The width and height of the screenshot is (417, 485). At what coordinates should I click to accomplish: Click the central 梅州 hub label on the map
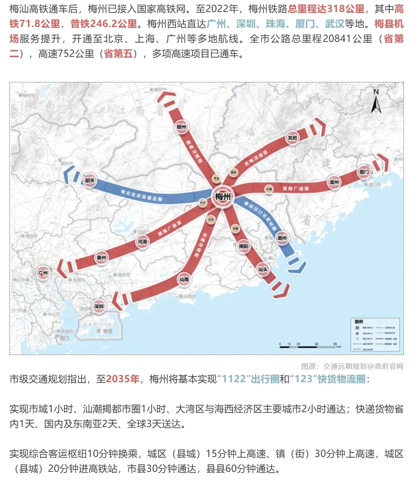pyautogui.click(x=223, y=197)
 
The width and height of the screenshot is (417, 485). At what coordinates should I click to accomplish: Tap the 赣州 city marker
pyautogui.click(x=181, y=127)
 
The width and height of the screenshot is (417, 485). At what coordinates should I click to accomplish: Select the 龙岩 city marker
pyautogui.click(x=292, y=138)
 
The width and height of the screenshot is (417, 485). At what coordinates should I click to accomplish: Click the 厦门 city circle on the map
pyautogui.click(x=364, y=172)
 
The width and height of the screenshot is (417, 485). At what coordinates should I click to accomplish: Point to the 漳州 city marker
pyautogui.click(x=334, y=182)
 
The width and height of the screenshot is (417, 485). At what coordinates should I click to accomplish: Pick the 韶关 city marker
pyautogui.click(x=90, y=180)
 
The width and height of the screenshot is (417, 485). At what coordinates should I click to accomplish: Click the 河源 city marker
pyautogui.click(x=142, y=242)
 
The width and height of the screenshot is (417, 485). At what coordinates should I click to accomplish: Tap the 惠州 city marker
pyautogui.click(x=102, y=257)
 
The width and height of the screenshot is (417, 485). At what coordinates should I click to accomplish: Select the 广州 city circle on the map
pyautogui.click(x=43, y=273)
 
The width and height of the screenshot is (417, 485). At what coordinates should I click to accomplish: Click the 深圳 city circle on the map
pyautogui.click(x=99, y=306)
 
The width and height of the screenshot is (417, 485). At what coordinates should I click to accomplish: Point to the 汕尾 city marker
pyautogui.click(x=184, y=279)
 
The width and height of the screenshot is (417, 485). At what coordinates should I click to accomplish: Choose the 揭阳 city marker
pyautogui.click(x=243, y=246)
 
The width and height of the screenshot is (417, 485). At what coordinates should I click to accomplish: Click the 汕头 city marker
pyautogui.click(x=263, y=269)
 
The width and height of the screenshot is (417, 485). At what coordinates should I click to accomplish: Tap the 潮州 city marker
pyautogui.click(x=282, y=238)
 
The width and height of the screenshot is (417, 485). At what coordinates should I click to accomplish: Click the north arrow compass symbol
pyautogui.click(x=376, y=101)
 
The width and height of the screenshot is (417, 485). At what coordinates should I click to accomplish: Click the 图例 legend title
pyautogui.click(x=359, y=322)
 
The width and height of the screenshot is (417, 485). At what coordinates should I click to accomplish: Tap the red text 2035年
pyautogui.click(x=123, y=379)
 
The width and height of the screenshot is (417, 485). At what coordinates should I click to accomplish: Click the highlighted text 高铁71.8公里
pyautogui.click(x=35, y=24)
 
